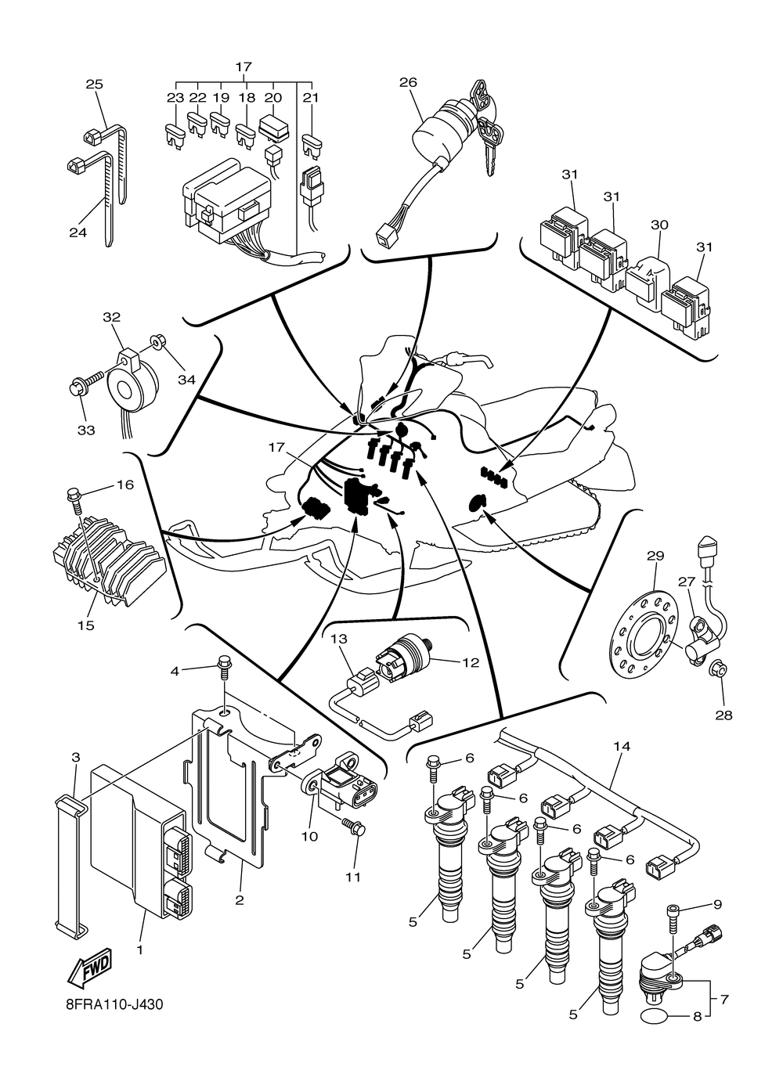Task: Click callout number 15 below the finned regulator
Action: pos(86,626)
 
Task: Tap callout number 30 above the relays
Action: pos(659,225)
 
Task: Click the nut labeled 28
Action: pos(719,670)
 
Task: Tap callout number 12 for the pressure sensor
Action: pos(470,662)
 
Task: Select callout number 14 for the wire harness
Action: pos(622,747)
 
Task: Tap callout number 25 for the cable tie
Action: pos(94,85)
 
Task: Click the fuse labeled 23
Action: pos(175,136)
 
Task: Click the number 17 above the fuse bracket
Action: pos(244,67)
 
